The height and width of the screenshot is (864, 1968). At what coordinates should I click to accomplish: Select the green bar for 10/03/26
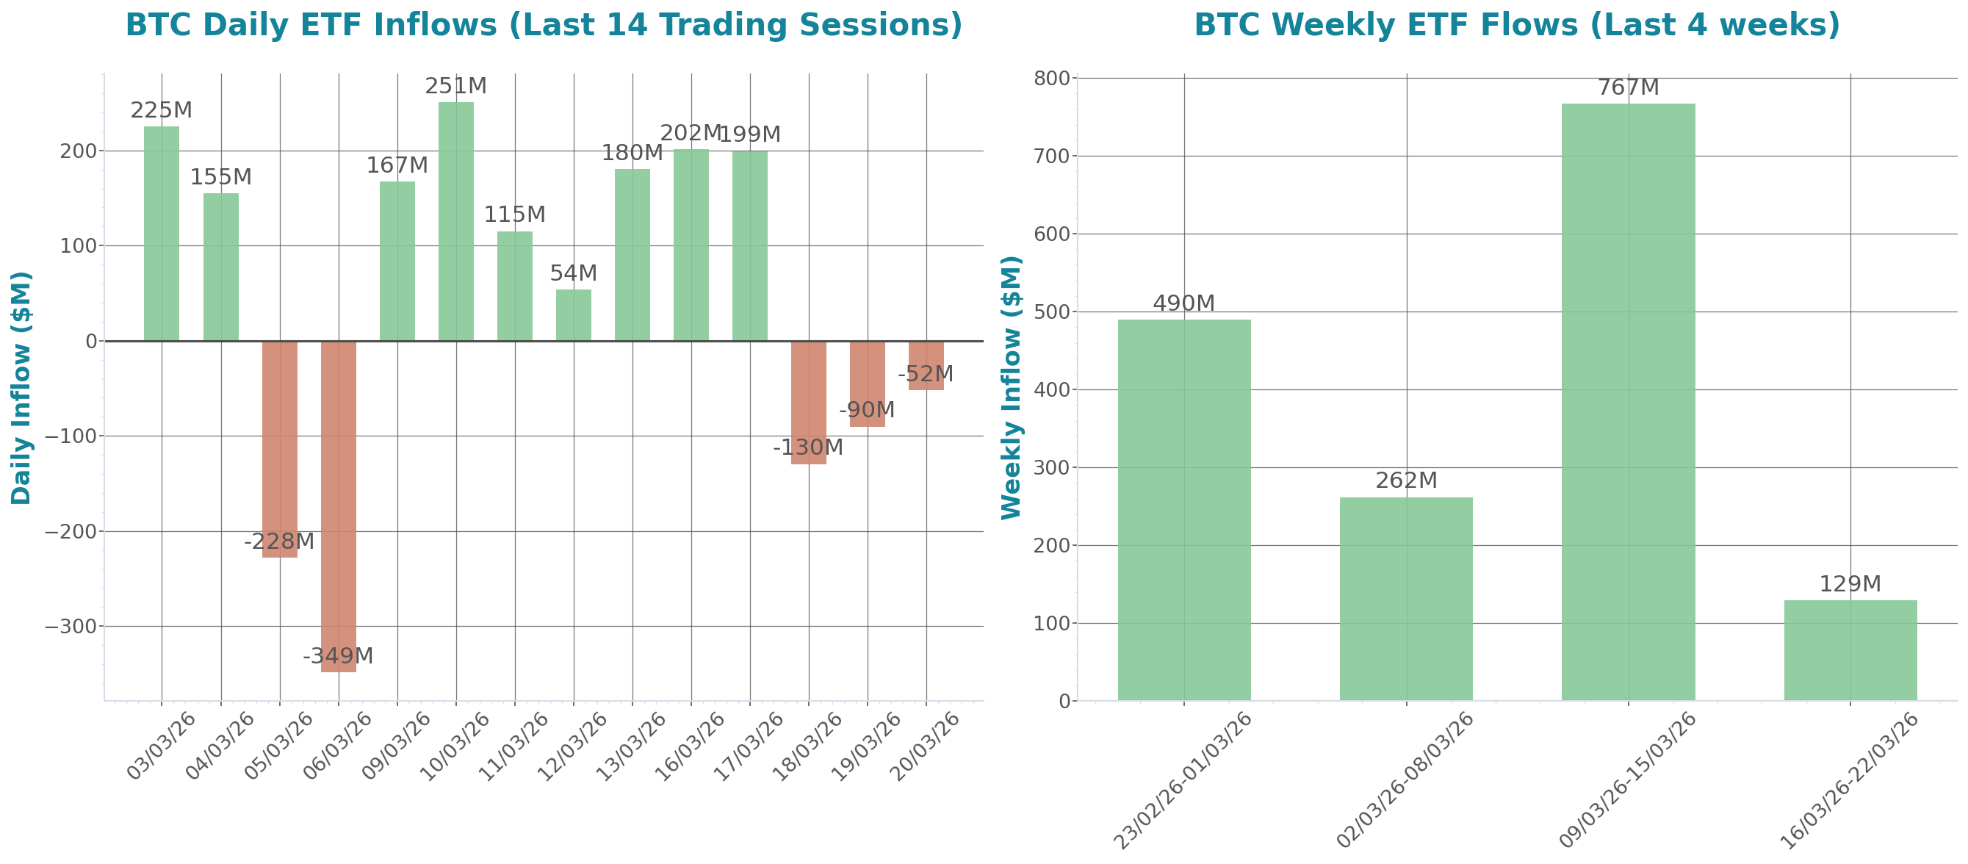[456, 222]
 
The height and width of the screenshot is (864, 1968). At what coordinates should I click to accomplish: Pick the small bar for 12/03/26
[573, 314]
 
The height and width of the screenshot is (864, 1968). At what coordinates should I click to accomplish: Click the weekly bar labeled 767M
[1628, 401]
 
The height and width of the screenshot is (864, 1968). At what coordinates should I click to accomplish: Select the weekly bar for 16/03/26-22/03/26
[1850, 649]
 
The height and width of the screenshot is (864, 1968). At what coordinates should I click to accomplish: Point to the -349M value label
[339, 656]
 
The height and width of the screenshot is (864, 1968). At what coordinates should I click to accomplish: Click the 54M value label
[573, 273]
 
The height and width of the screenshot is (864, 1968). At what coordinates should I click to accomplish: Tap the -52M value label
[925, 374]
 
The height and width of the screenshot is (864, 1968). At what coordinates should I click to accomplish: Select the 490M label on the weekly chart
[1183, 303]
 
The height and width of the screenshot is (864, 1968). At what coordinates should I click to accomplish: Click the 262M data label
[1406, 480]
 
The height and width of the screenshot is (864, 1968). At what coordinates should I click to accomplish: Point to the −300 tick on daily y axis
[71, 627]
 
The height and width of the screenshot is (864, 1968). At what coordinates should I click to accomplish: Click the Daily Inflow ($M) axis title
[21, 388]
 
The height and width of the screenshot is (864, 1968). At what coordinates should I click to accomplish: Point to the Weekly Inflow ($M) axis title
[1011, 388]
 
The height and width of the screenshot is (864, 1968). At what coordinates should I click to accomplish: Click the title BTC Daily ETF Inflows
[543, 24]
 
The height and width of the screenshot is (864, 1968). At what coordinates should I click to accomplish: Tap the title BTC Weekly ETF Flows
[1516, 24]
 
